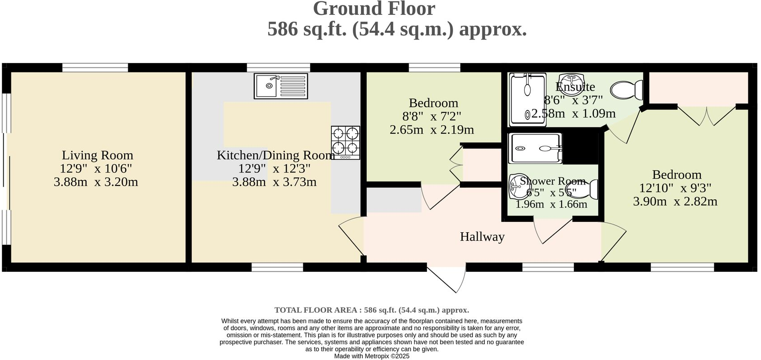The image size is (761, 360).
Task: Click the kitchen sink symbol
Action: tap(281, 86)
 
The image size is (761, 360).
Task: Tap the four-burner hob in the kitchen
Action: tap(346, 142)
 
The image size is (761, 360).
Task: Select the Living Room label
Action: tap(97, 155)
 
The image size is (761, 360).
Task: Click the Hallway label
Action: tap(482, 237)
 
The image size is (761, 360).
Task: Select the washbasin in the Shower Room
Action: tap(516, 188)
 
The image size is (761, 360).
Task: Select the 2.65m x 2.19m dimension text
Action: tap(432, 130)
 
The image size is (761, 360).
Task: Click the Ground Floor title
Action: tap(374, 9)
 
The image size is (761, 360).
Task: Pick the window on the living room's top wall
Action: tap(95, 67)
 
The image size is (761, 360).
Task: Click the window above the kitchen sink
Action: tap(278, 67)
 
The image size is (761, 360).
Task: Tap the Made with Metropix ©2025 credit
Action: tap(372, 356)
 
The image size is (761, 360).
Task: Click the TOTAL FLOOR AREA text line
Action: tap(372, 310)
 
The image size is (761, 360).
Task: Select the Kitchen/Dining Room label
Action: tap(275, 155)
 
